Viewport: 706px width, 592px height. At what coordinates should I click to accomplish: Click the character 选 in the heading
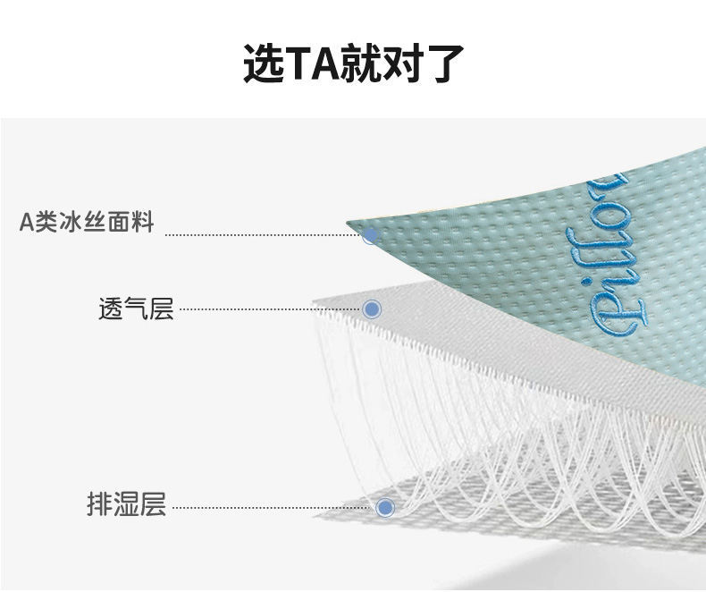(x=263, y=63)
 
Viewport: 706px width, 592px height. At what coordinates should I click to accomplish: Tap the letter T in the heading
(x=301, y=64)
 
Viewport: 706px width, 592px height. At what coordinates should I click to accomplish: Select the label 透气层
(x=136, y=309)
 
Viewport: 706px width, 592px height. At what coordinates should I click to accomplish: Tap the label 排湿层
(x=126, y=505)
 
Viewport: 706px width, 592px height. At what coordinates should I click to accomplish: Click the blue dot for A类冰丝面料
(x=370, y=236)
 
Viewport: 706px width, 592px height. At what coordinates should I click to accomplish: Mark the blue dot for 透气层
(x=373, y=309)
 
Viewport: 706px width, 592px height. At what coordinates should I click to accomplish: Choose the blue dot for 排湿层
(x=385, y=507)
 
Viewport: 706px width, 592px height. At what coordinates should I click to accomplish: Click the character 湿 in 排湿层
(x=126, y=505)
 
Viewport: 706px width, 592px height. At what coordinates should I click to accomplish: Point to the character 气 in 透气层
(x=136, y=309)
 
